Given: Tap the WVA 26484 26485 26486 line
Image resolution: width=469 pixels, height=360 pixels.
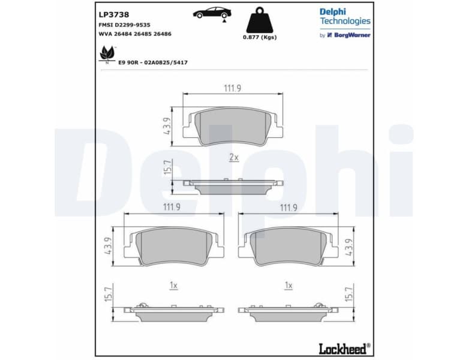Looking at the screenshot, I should coord(135,34).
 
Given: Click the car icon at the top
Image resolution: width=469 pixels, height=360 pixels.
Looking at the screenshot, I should coord(211,13).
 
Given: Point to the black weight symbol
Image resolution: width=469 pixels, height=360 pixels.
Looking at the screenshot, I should coord(260,20).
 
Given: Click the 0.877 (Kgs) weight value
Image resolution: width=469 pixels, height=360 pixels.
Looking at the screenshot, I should coord(260,38).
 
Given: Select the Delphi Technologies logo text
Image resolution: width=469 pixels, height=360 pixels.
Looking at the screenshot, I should coord(344,16).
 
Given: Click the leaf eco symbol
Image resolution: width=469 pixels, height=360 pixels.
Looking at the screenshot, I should coord(107,55).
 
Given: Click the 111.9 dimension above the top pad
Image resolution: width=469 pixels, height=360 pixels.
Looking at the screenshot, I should coord(232,88).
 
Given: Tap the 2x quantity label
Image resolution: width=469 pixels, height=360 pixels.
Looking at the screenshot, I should coord(234,157).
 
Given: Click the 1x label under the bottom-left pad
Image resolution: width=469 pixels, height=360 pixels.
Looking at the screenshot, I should coord(173,286).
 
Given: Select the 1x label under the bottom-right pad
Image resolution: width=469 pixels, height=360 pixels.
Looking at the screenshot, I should coord(288,286).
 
